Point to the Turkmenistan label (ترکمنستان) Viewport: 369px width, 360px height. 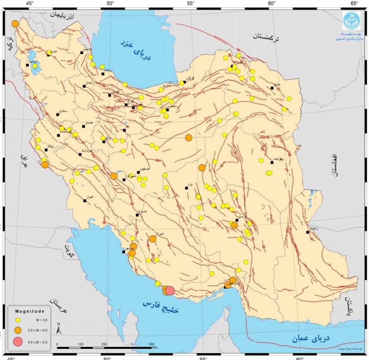click(268, 36)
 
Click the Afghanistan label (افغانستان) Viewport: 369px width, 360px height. click(334, 165)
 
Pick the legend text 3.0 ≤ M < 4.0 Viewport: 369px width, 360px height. click(38, 330)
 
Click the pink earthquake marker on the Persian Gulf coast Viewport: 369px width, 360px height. click(169, 291)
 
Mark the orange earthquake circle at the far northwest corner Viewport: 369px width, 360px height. click(15, 23)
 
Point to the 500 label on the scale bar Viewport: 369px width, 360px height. click(151, 344)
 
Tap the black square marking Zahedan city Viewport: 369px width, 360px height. click(308, 232)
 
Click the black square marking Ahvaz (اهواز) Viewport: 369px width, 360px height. click(84, 201)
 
